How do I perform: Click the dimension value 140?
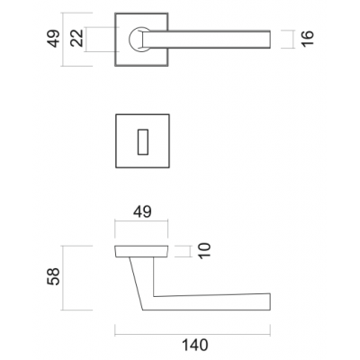coord(195,345)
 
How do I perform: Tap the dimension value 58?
coord(54,276)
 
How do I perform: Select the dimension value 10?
coord(205,251)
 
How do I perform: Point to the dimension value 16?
coord(307,39)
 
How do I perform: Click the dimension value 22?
coord(76,38)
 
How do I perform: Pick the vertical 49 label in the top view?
coord(53,38)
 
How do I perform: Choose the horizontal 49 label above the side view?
coord(142,211)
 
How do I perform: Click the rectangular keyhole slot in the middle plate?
coord(143,142)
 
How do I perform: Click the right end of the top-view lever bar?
coord(270,40)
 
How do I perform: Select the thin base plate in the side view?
coord(141,251)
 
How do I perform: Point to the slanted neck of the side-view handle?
coord(137,283)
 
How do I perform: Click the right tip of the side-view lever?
coord(270,301)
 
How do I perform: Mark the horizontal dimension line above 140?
coord(193,335)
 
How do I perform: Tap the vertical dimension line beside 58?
coord(62,278)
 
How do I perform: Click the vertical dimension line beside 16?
coord(292,40)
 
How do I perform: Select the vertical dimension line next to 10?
coord(191,251)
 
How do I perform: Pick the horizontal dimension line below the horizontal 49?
coord(141,221)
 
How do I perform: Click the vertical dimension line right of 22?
coord(85,40)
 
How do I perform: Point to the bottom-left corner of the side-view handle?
coord(143,310)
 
